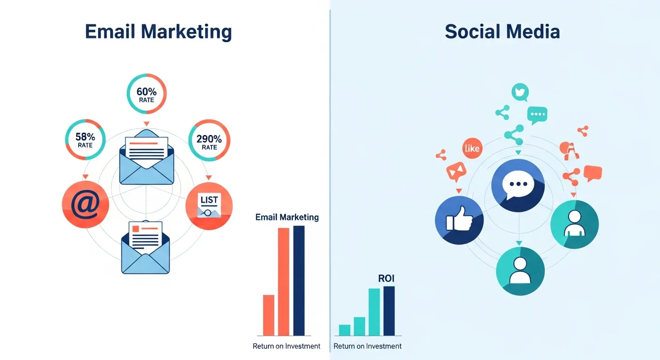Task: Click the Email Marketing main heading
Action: (158, 31)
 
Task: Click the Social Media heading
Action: (502, 31)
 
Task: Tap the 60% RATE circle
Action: (147, 93)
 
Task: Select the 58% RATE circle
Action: (85, 140)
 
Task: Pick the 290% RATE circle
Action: (209, 140)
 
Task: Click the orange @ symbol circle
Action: (85, 205)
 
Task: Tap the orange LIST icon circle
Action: (209, 205)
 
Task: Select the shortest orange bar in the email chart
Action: (269, 315)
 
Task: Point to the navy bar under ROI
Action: (389, 311)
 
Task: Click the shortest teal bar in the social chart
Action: (345, 330)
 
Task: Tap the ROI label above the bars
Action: (386, 278)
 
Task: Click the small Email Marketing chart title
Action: (287, 217)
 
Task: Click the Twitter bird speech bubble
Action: (520, 92)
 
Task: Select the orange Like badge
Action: (472, 149)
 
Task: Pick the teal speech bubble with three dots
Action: (537, 114)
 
